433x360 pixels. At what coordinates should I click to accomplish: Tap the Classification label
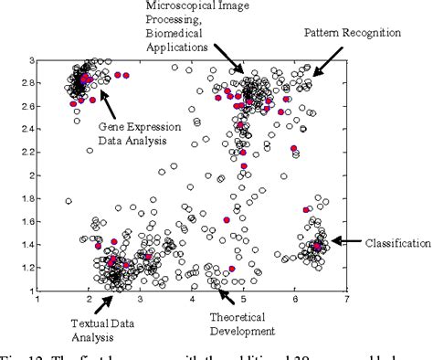(x=397, y=243)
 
